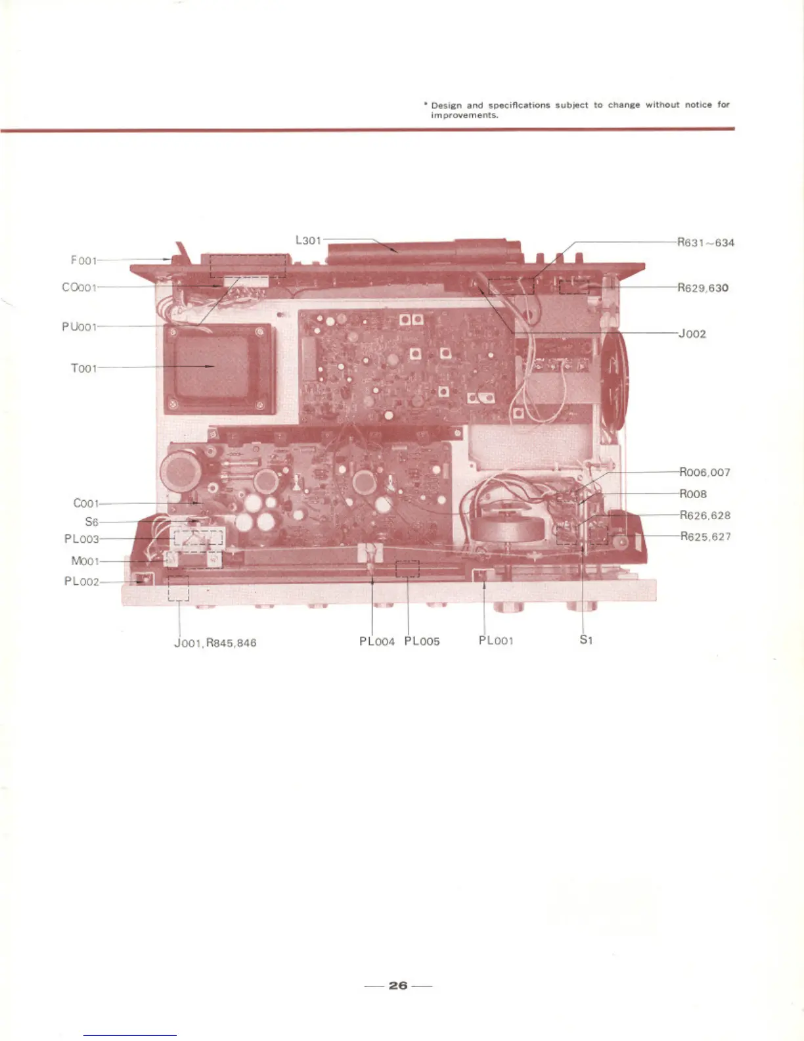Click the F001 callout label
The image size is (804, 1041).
[x=83, y=260]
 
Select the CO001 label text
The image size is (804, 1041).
[x=79, y=287]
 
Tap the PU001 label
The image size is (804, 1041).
[x=79, y=327]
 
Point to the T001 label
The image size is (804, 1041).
[x=83, y=368]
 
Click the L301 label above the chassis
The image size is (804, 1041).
[x=308, y=241]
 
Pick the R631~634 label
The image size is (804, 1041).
[x=705, y=243]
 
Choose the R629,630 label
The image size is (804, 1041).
[x=703, y=288]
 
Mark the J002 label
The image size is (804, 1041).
[x=692, y=334]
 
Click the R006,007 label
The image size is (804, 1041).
[x=704, y=473]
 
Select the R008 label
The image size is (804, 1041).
[x=693, y=494]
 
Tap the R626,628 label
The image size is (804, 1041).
[x=705, y=515]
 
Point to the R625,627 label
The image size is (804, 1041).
[x=705, y=536]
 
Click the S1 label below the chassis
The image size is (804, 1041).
[x=586, y=639]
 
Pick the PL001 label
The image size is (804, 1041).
[x=496, y=641]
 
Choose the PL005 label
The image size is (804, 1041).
[x=422, y=641]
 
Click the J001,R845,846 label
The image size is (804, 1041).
[x=215, y=643]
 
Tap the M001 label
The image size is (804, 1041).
[x=85, y=561]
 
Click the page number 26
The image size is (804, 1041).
[x=398, y=985]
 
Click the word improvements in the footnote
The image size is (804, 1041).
[x=464, y=115]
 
